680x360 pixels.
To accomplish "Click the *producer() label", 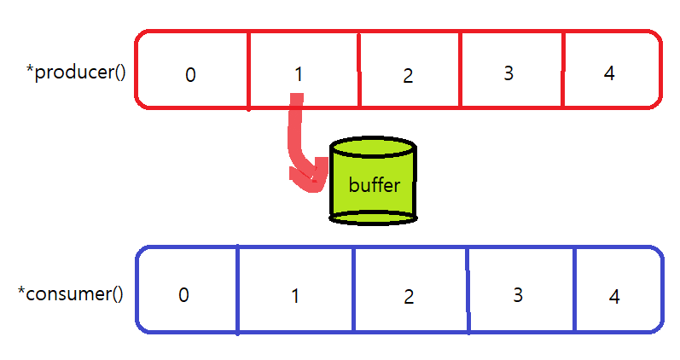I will pos(77,72).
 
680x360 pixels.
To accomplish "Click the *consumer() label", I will pos(71,294).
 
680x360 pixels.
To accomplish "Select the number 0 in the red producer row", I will pos(190,75).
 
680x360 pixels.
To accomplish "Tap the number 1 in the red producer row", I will pos(298,74).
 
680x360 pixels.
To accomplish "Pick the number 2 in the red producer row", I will pos(408,75).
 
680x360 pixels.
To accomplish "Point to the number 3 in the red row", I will pos(509,73).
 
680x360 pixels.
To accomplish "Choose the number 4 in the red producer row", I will pos(608,73).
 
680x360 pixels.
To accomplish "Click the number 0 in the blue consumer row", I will pos(183,295).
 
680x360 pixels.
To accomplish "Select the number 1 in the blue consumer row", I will pos(295,296).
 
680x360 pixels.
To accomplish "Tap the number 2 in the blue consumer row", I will pos(409,296).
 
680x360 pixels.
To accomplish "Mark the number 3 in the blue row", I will pos(517,295).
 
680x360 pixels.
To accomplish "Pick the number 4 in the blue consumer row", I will pos(614,297).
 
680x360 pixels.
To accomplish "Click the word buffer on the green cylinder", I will pos(374,185).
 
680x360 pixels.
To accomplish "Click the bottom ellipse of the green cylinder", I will pos(374,218).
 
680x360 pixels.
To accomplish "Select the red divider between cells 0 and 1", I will pos(248,71).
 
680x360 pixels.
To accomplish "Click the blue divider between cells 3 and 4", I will pos(574,290).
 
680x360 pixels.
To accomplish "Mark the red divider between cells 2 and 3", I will pos(460,71).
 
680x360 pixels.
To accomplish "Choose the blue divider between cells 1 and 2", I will pos(354,290).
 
